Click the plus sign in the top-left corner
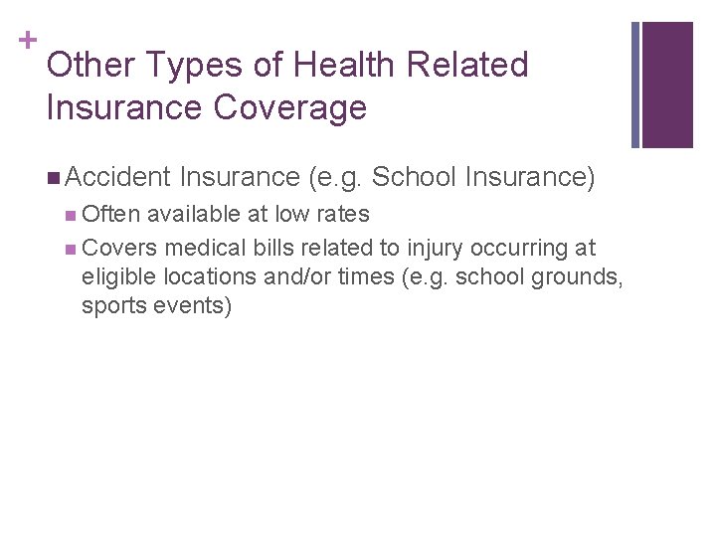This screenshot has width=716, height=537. point(27,41)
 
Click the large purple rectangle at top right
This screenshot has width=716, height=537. point(667,85)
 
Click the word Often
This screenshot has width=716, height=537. point(111,214)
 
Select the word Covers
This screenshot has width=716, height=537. point(119,248)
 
